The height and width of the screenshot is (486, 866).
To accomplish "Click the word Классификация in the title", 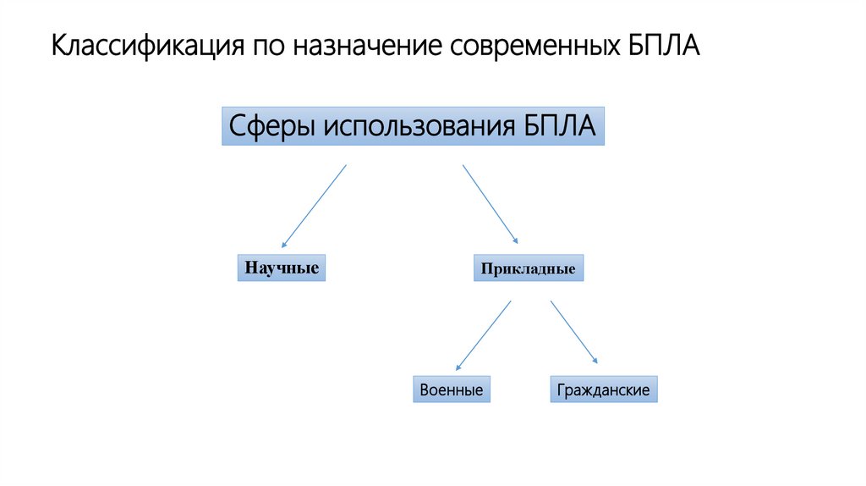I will (145, 46).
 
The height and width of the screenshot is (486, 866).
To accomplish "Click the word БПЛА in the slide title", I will (664, 46).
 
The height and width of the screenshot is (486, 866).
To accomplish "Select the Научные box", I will (282, 268).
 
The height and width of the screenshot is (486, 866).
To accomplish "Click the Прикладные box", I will (528, 268).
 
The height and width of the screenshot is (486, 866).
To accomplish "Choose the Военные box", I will (452, 389).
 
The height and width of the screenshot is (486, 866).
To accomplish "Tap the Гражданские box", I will (603, 389).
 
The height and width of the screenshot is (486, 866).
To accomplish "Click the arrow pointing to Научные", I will (314, 206).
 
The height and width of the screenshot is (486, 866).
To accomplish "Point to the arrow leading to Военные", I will (483, 336).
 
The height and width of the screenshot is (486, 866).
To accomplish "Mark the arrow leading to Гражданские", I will (574, 333).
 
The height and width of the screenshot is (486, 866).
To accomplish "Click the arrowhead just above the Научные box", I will (284, 243).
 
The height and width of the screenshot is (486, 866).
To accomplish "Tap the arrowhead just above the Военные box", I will (458, 367).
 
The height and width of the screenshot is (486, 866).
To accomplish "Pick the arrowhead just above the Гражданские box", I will (595, 362).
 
